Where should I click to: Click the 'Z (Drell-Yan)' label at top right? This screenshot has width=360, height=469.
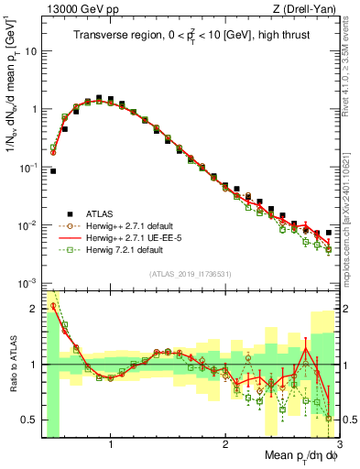307,8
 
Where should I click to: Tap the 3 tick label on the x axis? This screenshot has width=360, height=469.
338,446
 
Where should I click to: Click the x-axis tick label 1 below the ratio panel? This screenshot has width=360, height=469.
111,446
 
